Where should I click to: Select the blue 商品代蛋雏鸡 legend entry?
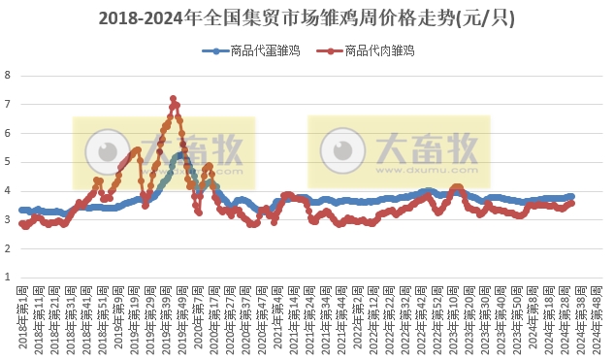pyautogui.click(x=249, y=50)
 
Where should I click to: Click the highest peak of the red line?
pyautogui.click(x=173, y=98)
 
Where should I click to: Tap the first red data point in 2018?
pyautogui.click(x=21, y=223)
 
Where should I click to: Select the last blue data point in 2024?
pyautogui.click(x=571, y=196)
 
